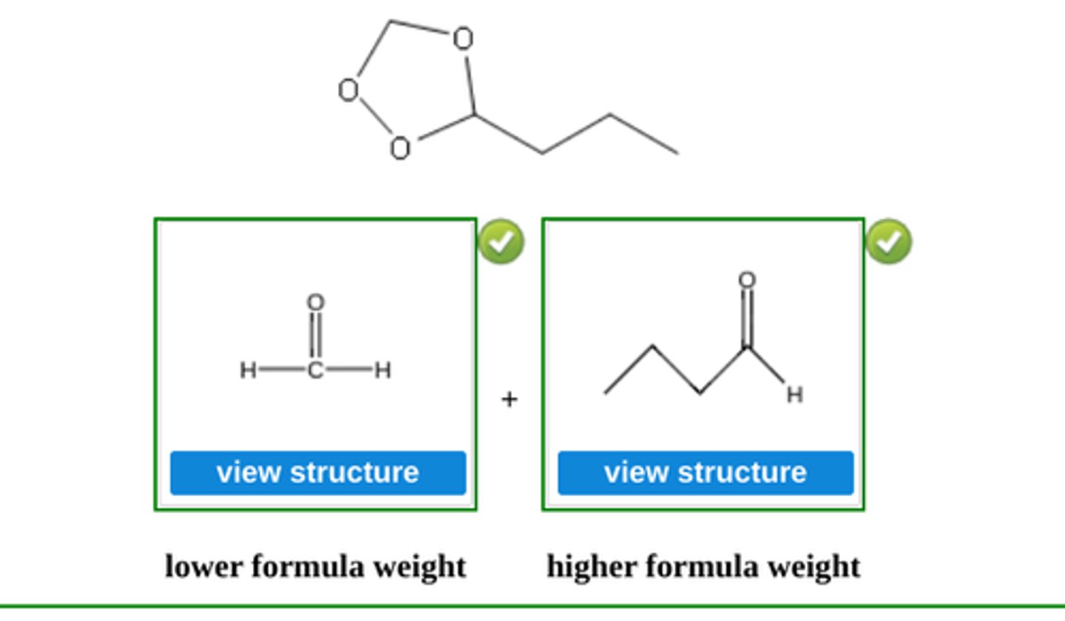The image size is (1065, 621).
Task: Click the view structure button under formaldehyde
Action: (x=318, y=472)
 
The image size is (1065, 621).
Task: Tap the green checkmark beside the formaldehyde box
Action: (x=501, y=242)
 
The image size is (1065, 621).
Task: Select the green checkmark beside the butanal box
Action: (x=888, y=242)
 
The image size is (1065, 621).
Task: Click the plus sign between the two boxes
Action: (x=509, y=399)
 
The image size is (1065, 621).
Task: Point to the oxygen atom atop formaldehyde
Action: (x=316, y=302)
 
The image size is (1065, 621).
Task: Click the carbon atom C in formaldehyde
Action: (x=316, y=370)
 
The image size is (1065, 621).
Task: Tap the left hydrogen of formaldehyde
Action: (x=248, y=370)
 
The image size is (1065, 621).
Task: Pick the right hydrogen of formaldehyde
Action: (x=382, y=370)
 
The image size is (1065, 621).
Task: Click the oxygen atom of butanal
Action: (x=747, y=280)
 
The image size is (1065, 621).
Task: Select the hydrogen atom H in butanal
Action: (x=794, y=395)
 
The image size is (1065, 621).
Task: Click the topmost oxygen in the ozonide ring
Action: (x=463, y=38)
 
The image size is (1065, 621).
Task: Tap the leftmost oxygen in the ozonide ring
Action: (x=348, y=90)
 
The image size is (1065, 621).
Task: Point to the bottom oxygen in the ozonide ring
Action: (x=399, y=149)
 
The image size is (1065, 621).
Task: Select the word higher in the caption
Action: (x=592, y=567)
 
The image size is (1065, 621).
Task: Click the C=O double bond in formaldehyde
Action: (x=316, y=336)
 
